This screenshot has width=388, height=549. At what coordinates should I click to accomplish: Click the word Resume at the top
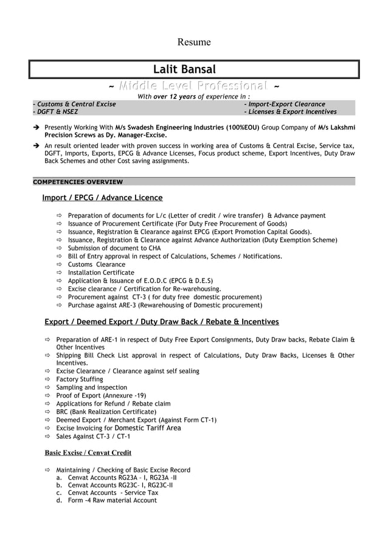tap(193, 42)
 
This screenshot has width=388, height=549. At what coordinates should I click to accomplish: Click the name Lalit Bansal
tap(184, 70)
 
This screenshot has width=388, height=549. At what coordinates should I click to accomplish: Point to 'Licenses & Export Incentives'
tap(290, 112)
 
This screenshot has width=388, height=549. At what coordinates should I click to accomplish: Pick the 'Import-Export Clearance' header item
tap(284, 104)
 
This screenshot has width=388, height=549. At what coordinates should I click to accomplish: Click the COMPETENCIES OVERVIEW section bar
tap(77, 182)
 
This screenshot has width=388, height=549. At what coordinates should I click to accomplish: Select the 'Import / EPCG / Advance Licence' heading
tap(102, 198)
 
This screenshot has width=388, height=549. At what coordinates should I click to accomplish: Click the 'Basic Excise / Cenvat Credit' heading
tap(88, 452)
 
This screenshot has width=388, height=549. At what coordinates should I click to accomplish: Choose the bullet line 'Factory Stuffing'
tap(80, 379)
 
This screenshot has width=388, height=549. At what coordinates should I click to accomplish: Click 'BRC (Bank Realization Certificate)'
tap(106, 412)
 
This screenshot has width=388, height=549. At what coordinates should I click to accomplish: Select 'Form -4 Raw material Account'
tap(112, 500)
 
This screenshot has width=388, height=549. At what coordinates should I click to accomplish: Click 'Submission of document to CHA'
tap(114, 248)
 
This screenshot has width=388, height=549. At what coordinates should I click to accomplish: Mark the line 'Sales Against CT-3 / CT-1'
tap(93, 437)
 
